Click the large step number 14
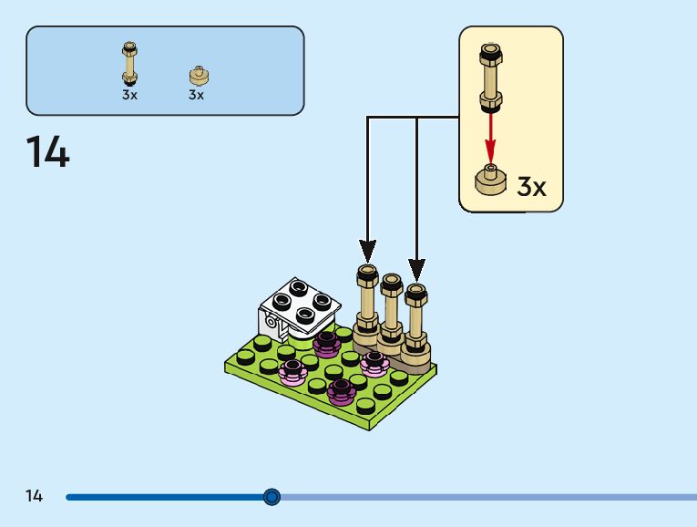pos(47,151)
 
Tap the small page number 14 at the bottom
pos(34,496)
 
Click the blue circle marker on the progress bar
pos(272,497)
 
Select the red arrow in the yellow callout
pos(490,135)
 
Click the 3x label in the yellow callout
pos(531,187)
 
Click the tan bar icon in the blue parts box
pos(129,63)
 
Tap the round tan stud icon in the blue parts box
pos(197,76)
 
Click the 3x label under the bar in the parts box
pos(129,94)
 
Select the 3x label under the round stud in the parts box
pos(197,94)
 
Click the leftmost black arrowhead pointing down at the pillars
pos(367,249)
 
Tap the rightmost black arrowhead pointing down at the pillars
pos(416,269)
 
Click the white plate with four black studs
pos(300,305)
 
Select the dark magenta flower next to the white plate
pos(326,343)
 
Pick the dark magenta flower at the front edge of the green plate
pos(341,391)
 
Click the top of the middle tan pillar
pos(392,282)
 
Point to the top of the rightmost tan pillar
pos(415,291)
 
